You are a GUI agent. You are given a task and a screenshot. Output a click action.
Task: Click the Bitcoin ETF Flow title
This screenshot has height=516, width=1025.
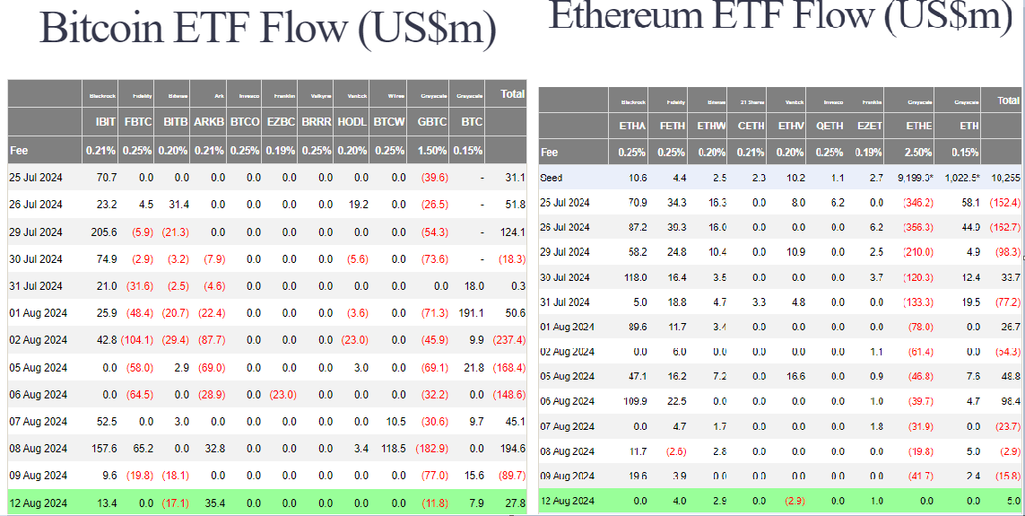268,29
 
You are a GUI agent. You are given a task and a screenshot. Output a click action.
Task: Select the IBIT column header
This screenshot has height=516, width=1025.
105,121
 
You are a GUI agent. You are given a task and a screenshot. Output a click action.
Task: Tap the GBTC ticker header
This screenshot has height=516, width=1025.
432,121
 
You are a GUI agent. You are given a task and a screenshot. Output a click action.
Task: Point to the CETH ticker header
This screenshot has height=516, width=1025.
751,127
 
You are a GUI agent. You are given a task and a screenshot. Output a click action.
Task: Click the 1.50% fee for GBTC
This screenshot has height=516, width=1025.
432,150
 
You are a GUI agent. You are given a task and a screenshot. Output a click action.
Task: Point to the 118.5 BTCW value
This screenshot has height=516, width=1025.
392,448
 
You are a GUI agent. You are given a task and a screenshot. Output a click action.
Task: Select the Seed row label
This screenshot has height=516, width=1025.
552,177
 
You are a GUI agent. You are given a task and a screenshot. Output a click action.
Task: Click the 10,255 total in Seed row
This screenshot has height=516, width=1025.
1006,178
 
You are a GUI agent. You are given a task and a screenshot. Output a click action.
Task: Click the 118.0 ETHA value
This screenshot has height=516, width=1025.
635,277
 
